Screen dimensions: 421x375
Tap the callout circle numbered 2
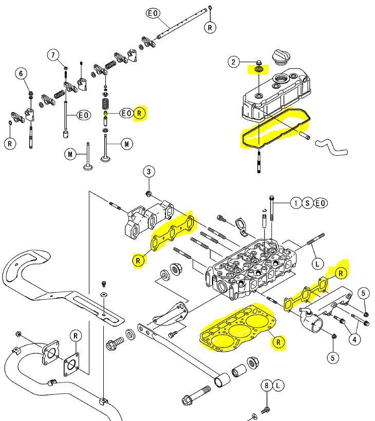coord(234,62)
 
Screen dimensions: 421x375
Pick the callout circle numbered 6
coord(21,74)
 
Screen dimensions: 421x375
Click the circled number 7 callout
coord(52,54)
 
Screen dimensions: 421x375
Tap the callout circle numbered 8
coord(267,385)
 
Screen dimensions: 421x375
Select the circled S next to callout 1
coord(308,203)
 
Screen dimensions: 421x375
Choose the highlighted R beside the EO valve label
coord(140,113)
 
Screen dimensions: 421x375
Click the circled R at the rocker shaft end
coord(210,28)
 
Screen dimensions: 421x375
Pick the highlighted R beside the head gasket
coord(278,342)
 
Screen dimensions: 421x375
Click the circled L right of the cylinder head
coord(317,264)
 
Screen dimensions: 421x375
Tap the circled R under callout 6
coord(10,143)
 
